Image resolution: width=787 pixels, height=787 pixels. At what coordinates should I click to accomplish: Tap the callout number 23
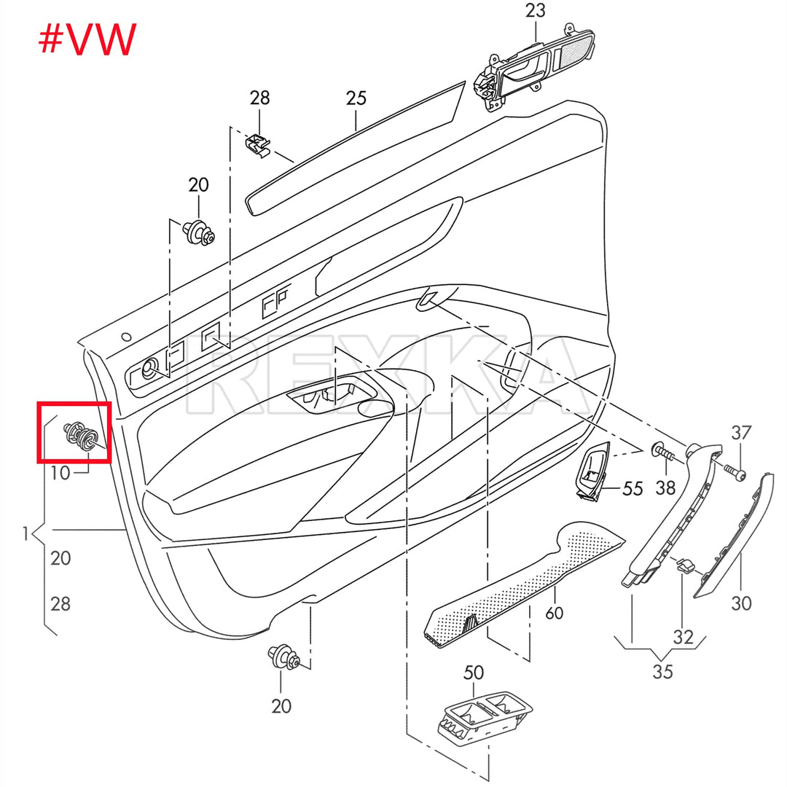(535, 11)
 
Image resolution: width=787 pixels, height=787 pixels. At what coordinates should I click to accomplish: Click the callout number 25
(356, 98)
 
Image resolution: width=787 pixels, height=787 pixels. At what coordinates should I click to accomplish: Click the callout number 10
(60, 473)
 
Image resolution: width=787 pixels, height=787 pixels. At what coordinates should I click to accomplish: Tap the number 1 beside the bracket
(25, 534)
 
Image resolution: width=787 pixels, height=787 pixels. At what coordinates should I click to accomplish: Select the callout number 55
(633, 488)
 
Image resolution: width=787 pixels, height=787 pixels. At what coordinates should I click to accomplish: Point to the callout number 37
(741, 432)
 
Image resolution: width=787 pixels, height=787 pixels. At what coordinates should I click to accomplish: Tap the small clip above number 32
(684, 564)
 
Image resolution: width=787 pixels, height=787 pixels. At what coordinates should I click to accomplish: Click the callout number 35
(662, 671)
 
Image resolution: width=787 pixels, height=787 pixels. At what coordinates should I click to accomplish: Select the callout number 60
(555, 613)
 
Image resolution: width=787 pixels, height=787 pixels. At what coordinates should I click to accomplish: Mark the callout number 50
(474, 673)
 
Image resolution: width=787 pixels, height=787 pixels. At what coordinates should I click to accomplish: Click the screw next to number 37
(732, 471)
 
